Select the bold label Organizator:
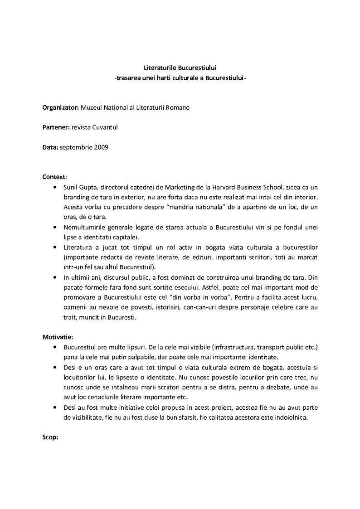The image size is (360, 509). click(60, 107)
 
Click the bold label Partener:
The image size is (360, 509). click(56, 127)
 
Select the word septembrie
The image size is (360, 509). click(77, 147)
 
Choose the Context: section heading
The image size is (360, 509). click(54, 176)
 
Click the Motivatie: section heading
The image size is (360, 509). click(58, 337)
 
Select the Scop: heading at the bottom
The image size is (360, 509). click(50, 438)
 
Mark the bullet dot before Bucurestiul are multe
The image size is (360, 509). click(55, 347)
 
